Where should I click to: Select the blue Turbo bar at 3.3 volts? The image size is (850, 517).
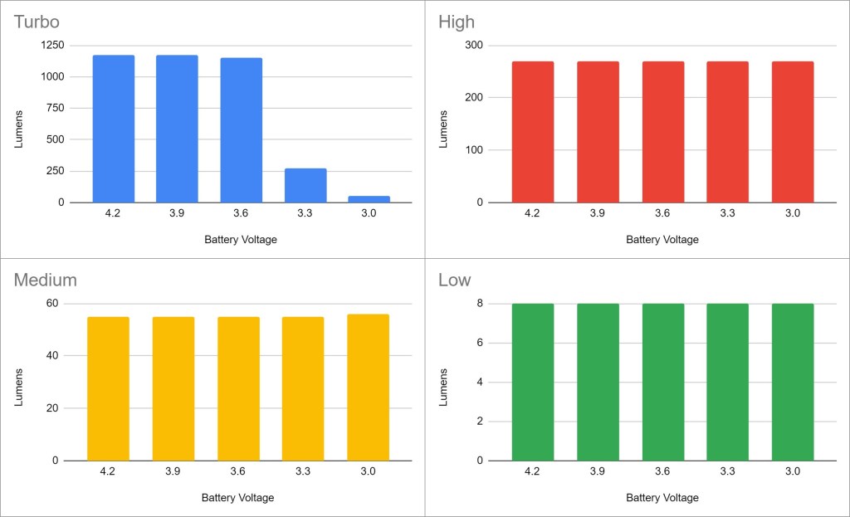click(305, 186)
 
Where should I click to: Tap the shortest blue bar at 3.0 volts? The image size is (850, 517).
click(369, 199)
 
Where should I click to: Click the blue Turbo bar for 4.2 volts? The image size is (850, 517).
click(114, 129)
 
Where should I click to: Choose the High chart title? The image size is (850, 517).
click(457, 22)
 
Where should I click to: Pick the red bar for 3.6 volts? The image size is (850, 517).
click(662, 132)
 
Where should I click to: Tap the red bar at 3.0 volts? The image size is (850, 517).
click(793, 132)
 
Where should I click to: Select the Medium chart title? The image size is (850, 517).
click(45, 280)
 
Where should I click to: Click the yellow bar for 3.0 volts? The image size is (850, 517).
click(368, 387)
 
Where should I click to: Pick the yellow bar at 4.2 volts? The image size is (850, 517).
click(108, 388)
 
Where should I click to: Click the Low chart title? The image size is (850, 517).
click(454, 280)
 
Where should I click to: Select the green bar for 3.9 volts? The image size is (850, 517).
click(598, 382)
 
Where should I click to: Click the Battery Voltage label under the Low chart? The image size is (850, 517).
click(662, 498)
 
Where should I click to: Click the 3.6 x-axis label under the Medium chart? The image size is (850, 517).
click(237, 471)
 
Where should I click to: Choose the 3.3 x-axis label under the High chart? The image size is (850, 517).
click(728, 213)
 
